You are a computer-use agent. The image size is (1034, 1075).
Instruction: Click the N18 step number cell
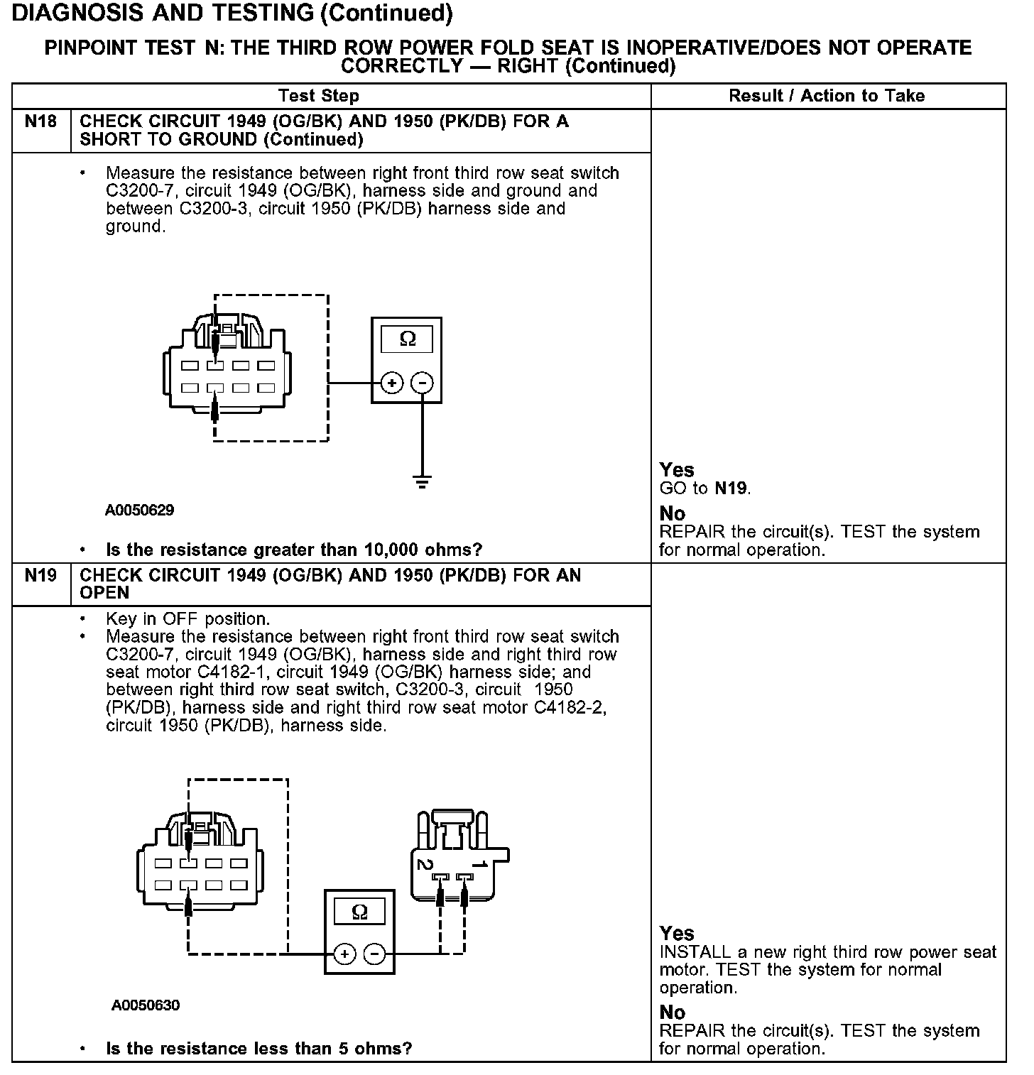pos(40,121)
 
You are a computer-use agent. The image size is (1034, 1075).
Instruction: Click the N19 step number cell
pos(40,575)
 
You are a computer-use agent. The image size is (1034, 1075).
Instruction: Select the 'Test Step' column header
pos(319,96)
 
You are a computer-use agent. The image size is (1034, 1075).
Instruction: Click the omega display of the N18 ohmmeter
pos(407,339)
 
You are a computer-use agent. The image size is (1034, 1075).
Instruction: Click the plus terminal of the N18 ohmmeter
pos(391,383)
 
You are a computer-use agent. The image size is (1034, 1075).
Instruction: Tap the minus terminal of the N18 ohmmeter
pos(423,383)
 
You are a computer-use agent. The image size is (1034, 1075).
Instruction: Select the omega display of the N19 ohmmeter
pos(359,912)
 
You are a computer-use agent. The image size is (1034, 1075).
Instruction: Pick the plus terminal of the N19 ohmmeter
pos(344,954)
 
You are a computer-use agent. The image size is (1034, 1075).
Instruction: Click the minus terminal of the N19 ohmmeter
pos(375,954)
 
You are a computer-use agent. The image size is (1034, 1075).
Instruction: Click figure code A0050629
pos(139,511)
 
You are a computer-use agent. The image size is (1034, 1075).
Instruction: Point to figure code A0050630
pos(146,1005)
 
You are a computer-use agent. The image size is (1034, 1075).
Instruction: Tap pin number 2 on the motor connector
pos(425,864)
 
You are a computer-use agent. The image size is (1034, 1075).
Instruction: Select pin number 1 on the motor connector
pos(480,864)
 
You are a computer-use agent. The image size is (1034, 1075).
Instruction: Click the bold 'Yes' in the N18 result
pos(676,470)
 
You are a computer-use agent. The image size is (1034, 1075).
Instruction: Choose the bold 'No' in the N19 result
pos(672,1012)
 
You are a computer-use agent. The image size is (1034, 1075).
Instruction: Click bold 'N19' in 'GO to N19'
pos(731,489)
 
